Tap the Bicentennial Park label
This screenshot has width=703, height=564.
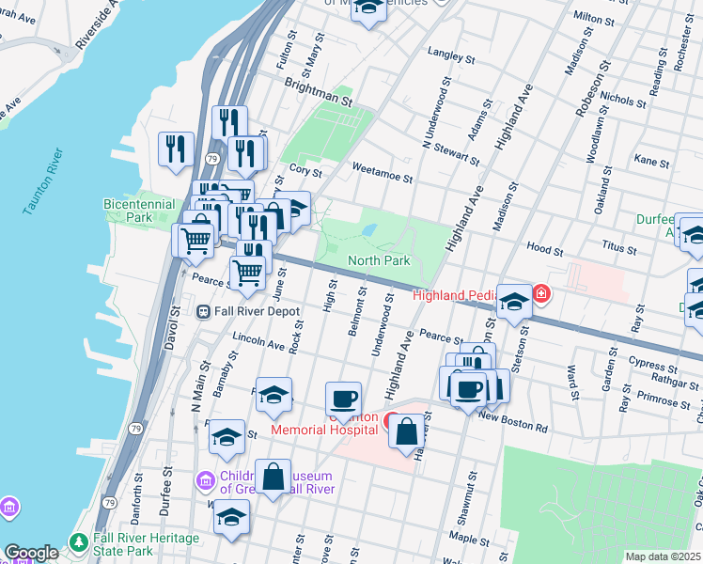tap(139, 211)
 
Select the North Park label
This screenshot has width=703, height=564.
tap(379, 260)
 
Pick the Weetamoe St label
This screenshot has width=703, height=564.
tap(383, 167)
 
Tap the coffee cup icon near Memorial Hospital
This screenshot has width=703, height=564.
tap(343, 399)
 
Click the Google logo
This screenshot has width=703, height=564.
tap(31, 553)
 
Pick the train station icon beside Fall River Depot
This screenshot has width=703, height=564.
tap(203, 311)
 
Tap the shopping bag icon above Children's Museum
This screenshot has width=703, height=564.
tap(273, 476)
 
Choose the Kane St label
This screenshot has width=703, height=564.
tap(651, 162)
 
